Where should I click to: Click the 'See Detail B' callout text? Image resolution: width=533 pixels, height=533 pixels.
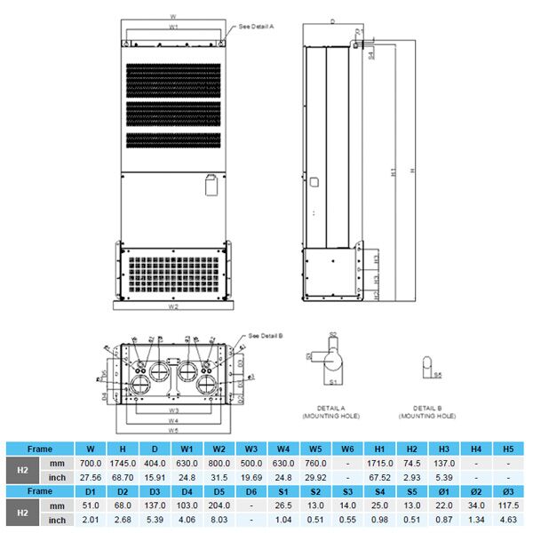tap(266, 337)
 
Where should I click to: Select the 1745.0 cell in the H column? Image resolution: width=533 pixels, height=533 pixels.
tap(122, 464)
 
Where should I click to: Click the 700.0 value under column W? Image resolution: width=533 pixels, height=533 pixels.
tap(89, 464)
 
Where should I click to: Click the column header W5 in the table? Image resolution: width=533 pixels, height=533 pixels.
tap(314, 449)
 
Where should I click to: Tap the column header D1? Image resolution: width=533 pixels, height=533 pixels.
tap(89, 491)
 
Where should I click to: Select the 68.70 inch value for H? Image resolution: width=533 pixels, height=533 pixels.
tap(122, 477)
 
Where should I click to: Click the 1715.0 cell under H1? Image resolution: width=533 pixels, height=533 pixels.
tap(379, 464)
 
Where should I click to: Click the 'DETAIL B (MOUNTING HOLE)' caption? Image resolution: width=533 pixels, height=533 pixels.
tap(428, 412)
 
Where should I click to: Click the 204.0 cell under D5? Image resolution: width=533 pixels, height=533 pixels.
tap(218, 505)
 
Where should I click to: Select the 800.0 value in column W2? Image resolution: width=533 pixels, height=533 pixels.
tap(218, 464)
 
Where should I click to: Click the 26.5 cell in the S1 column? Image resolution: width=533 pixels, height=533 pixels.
tap(282, 505)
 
